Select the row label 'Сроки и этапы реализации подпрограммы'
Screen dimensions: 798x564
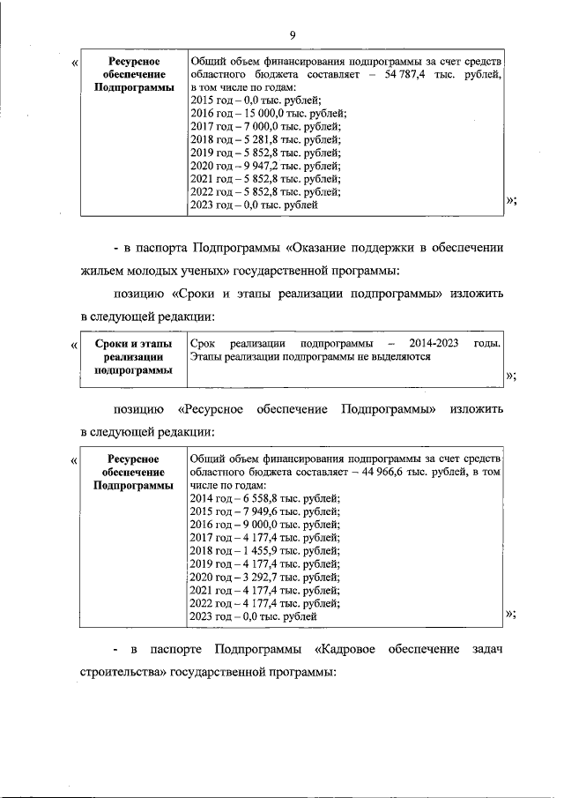pyautogui.click(x=133, y=356)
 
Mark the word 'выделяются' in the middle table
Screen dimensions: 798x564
pyautogui.click(x=402, y=356)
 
